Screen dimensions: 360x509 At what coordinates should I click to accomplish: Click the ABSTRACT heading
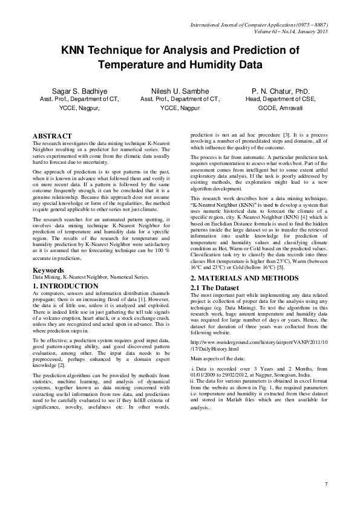[x=53, y=136]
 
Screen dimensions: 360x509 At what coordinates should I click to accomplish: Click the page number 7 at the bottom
[x=326, y=484]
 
